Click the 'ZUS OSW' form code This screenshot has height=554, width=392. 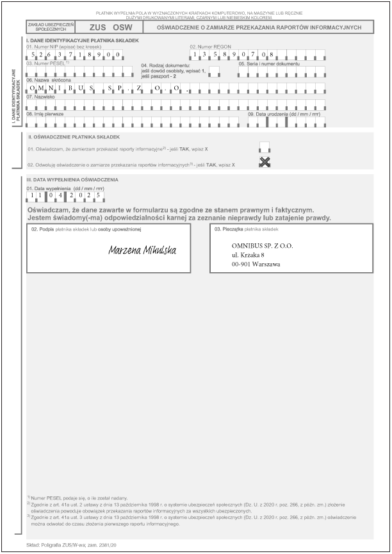(111, 28)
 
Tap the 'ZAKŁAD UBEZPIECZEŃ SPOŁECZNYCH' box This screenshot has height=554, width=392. (51, 28)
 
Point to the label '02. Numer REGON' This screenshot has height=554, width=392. (211, 47)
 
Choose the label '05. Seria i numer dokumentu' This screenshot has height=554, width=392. (269, 63)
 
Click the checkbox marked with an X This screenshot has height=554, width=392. (265, 162)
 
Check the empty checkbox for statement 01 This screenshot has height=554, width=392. (265, 147)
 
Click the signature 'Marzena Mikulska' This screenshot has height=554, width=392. (142, 249)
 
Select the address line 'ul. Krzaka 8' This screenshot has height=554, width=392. (248, 254)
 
